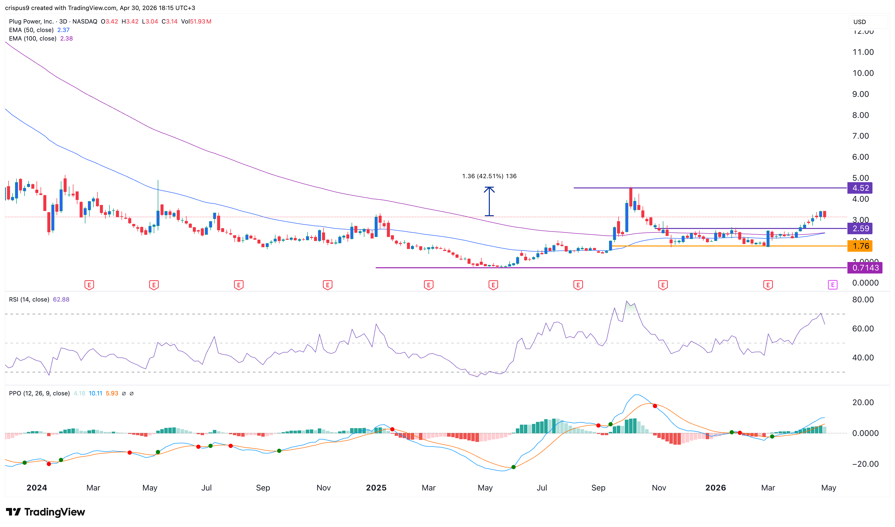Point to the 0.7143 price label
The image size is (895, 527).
(864, 268)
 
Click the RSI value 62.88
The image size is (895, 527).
(61, 299)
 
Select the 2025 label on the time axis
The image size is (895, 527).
(376, 487)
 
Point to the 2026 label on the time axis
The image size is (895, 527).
(715, 487)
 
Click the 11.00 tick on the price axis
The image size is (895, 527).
(863, 52)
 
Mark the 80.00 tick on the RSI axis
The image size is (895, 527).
(863, 299)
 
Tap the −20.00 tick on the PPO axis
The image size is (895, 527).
(865, 464)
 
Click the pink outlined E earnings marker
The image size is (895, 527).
(832, 285)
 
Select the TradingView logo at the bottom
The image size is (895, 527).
(46, 512)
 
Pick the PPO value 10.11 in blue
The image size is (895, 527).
(95, 393)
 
